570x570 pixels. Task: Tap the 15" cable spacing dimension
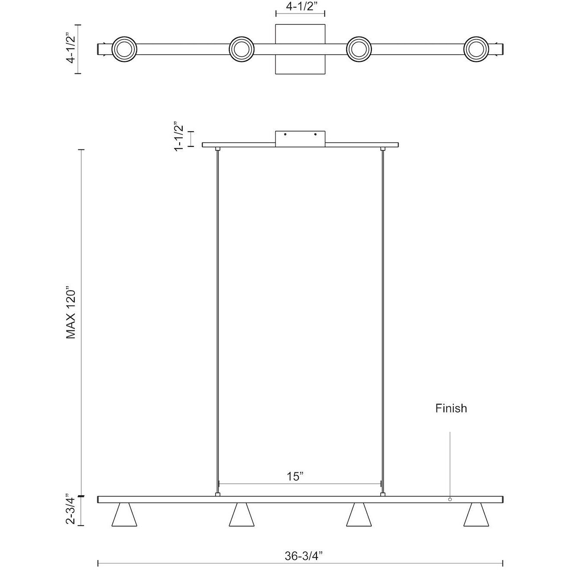pyautogui.click(x=295, y=477)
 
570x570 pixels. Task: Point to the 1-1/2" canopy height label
pyautogui.click(x=179, y=136)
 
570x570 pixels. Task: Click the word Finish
pyautogui.click(x=451, y=408)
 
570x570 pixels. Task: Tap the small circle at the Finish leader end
pyautogui.click(x=450, y=500)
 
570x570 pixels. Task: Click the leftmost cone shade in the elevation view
pyautogui.click(x=124, y=515)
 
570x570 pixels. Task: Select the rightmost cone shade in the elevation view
pyautogui.click(x=476, y=515)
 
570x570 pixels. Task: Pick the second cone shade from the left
pyautogui.click(x=241, y=515)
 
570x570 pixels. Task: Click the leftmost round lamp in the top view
pyautogui.click(x=124, y=49)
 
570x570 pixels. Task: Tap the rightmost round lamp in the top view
pyautogui.click(x=477, y=49)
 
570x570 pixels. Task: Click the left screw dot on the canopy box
pyautogui.click(x=285, y=135)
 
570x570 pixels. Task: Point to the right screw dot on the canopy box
pyautogui.click(x=315, y=135)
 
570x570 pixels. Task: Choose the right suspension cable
pyautogui.click(x=383, y=320)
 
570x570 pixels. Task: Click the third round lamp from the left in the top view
pyautogui.click(x=359, y=49)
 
